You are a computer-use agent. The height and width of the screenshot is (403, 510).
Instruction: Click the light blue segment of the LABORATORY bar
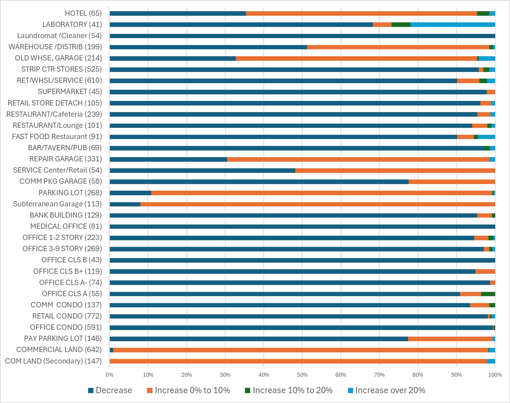(x=453, y=25)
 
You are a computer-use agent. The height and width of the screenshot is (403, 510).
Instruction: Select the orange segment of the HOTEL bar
(x=361, y=13)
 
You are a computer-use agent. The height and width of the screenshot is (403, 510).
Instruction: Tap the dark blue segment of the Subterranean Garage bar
(x=125, y=204)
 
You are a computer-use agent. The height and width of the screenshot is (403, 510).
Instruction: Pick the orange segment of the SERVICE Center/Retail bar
(x=395, y=171)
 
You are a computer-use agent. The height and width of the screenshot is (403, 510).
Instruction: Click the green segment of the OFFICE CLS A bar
(x=488, y=294)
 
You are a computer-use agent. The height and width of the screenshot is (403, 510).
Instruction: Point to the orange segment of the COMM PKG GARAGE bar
(x=452, y=182)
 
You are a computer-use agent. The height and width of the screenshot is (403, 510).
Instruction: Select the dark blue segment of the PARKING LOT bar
(x=130, y=193)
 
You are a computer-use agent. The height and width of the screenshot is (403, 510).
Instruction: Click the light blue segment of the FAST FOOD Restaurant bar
(x=486, y=137)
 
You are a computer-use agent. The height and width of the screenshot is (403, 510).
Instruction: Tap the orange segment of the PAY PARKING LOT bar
(x=450, y=339)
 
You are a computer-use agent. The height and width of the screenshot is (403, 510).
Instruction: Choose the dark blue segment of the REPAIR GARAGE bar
(x=168, y=159)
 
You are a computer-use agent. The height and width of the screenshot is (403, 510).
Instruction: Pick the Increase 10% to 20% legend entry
(x=289, y=390)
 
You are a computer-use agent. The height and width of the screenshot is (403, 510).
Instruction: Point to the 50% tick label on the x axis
(x=302, y=375)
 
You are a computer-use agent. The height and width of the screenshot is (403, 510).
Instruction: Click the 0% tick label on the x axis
(x=110, y=375)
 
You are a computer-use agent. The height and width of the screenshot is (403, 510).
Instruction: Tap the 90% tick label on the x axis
(x=456, y=375)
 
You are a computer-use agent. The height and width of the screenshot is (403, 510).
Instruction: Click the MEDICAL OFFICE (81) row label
(x=66, y=226)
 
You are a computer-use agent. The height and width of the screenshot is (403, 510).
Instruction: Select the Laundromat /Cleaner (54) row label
(x=59, y=36)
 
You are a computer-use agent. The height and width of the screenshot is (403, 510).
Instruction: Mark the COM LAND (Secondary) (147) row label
(x=53, y=361)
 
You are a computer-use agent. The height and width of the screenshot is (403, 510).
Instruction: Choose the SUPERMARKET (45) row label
(x=70, y=92)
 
